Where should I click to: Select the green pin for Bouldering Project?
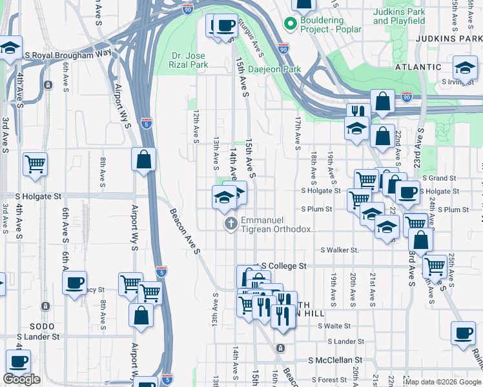coord(291,25)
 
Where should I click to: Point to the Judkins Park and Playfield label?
coord(399,16)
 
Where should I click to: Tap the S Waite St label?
coord(334,326)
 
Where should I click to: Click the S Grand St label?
coord(439,178)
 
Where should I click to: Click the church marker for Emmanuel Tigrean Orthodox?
coord(230,224)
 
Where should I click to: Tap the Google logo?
coord(22,379)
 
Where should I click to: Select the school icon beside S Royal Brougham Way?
coord(10,48)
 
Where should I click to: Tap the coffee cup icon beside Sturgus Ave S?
coord(224,26)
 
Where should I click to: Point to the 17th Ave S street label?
coord(298,130)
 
